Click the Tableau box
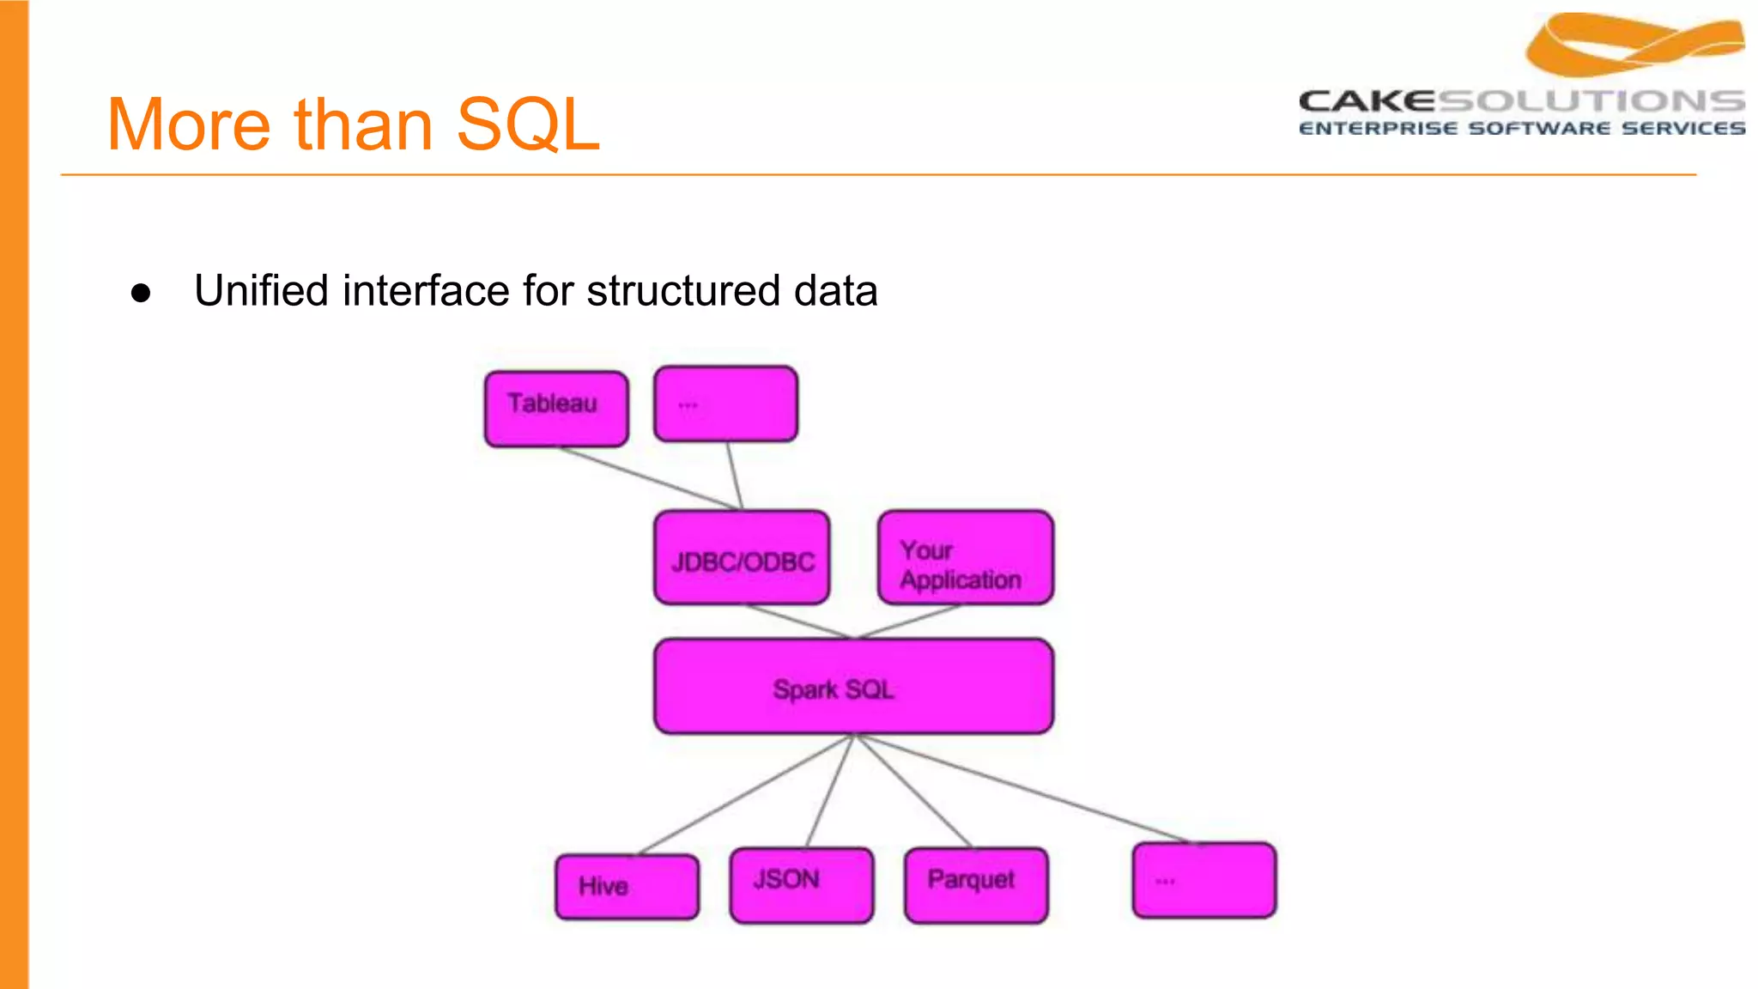pos(556,409)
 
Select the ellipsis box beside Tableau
pos(725,404)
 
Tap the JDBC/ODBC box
pos(742,558)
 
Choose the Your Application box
pos(966,558)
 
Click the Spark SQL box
pos(853,687)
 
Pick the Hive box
pos(627,887)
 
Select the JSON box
pos(802,885)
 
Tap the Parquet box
pos(976,885)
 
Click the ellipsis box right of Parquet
pos(1204,880)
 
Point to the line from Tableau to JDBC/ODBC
pos(649,478)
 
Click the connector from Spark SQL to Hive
pos(745,794)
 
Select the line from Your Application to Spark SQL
pos(910,621)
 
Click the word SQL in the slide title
pos(527,124)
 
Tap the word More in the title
pos(189,124)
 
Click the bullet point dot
pos(141,293)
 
